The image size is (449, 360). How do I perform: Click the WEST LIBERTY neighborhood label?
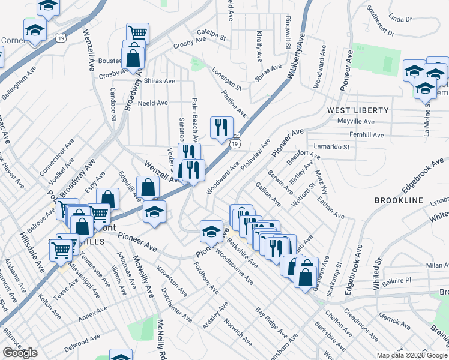(x=358, y=111)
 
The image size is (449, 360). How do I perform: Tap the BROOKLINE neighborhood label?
(x=399, y=200)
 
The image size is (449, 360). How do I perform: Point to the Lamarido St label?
(x=331, y=146)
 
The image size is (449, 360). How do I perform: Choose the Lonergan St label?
(x=226, y=79)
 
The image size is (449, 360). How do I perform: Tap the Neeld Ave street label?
(x=153, y=103)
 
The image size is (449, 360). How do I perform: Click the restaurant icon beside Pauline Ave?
(x=221, y=127)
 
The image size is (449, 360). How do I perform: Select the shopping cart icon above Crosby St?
(x=137, y=32)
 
